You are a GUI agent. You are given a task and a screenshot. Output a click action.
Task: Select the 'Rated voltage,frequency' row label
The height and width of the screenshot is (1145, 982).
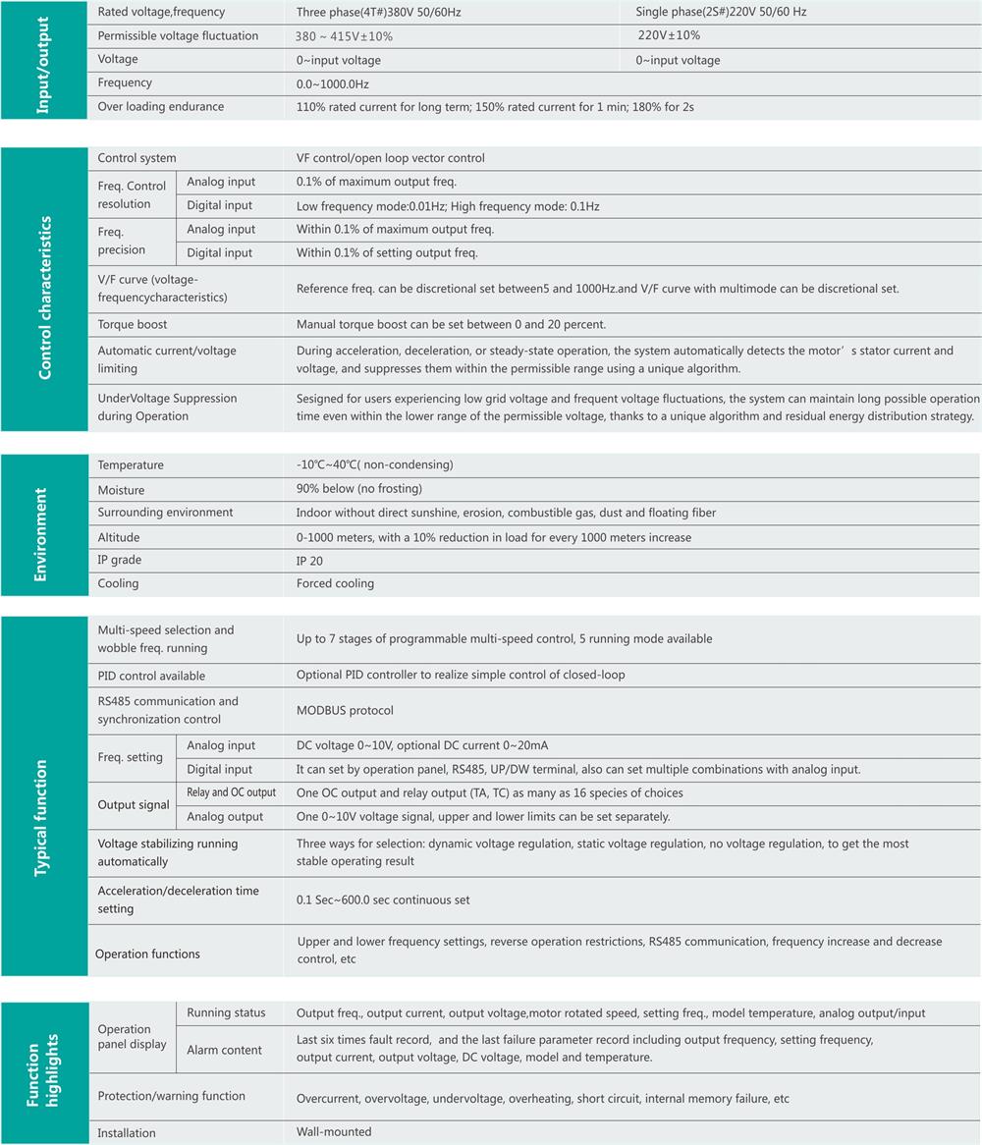tap(161, 13)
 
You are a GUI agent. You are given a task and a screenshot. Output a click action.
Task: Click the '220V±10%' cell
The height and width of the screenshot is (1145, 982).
tap(669, 35)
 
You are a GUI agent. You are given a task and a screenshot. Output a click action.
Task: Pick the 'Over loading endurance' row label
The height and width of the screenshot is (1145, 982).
tap(161, 107)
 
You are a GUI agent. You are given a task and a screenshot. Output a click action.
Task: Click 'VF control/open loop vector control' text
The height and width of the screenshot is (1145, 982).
tap(391, 158)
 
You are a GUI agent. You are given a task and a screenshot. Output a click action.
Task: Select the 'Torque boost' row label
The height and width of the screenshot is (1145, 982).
tap(133, 325)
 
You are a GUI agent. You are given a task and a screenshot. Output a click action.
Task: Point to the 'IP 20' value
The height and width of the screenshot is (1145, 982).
tap(309, 561)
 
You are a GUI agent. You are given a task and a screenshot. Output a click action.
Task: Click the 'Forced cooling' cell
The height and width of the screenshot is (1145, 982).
tap(335, 583)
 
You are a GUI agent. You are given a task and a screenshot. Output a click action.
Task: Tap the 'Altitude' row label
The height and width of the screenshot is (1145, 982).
tap(119, 538)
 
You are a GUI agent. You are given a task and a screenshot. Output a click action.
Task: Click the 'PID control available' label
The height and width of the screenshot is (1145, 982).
tap(151, 676)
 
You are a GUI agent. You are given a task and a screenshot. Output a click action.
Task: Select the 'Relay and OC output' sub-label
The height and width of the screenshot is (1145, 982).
tap(231, 792)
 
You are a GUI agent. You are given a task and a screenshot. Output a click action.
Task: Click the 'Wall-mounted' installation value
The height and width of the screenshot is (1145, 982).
tap(334, 1132)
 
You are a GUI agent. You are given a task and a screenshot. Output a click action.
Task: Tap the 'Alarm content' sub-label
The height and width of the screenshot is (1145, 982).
tap(225, 1051)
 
